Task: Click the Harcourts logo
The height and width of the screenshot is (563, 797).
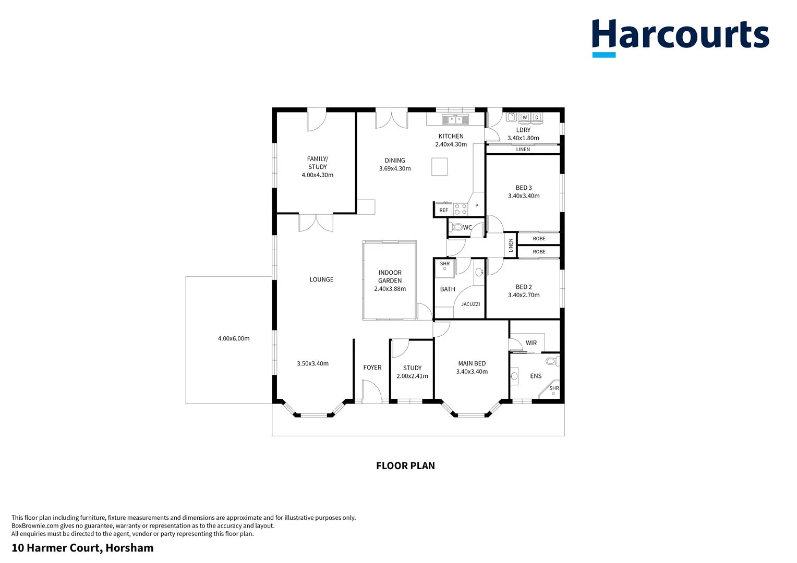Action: click(680, 36)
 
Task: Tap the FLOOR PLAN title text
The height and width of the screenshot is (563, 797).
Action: click(405, 466)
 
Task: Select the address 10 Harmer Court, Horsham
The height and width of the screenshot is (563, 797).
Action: click(82, 548)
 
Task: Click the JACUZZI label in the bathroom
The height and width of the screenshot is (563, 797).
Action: click(470, 304)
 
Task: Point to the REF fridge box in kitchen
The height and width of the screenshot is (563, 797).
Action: click(443, 210)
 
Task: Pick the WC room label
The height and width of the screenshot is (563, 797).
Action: click(467, 227)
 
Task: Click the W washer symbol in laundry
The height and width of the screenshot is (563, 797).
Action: click(525, 117)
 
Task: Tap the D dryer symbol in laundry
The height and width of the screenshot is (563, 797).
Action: click(537, 117)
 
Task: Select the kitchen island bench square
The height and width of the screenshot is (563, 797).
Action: click(439, 167)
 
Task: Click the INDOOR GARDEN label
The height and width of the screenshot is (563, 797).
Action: click(390, 276)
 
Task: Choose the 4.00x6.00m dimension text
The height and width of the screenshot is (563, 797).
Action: click(234, 338)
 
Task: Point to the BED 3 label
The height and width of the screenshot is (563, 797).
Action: click(524, 188)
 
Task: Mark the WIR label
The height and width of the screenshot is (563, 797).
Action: click(531, 343)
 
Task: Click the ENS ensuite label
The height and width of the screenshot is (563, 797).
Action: click(536, 376)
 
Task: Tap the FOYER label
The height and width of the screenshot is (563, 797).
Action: click(372, 368)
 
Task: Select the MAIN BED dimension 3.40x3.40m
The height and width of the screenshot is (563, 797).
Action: click(472, 372)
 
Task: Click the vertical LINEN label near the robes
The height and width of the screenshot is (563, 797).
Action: click(511, 245)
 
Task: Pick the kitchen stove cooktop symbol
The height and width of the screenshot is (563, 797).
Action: click(461, 209)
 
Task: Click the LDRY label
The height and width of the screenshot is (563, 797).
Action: click(523, 130)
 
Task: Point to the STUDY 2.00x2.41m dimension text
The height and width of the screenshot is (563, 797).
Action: click(412, 376)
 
